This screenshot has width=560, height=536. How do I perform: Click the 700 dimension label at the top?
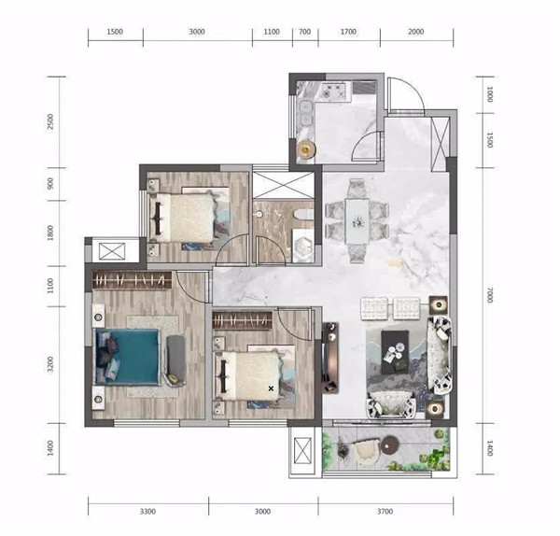pos(304,32)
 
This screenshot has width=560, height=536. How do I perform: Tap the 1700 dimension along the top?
pos(348,32)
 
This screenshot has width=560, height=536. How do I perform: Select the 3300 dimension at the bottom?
pos(147,512)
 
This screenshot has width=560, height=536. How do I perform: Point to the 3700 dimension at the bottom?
pos(385,512)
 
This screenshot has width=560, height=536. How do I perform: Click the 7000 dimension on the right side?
pos(490,295)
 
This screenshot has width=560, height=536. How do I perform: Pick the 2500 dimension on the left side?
pos(50,121)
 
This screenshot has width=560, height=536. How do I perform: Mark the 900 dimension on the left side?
pos(50,184)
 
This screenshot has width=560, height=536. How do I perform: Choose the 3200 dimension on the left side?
pos(50,364)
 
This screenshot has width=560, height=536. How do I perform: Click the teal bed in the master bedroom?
pos(127,357)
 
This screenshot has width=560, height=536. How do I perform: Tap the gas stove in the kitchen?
pos(334,91)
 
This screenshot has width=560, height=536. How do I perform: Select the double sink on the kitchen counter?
pos(305,114)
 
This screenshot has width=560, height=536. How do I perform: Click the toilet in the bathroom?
pos(303,215)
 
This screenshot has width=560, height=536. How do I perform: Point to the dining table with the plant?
pos(357,221)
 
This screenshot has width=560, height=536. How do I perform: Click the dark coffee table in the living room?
pos(395,352)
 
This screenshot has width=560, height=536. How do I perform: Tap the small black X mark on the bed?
pos(271,388)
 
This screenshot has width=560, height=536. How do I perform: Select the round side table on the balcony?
pos(389,444)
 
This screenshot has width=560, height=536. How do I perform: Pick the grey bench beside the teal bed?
pos(175,360)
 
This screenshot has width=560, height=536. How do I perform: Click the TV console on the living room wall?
pos(330,358)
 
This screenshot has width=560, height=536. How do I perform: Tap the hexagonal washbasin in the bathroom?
pos(303,245)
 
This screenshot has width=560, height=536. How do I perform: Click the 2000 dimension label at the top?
pos(416,32)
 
